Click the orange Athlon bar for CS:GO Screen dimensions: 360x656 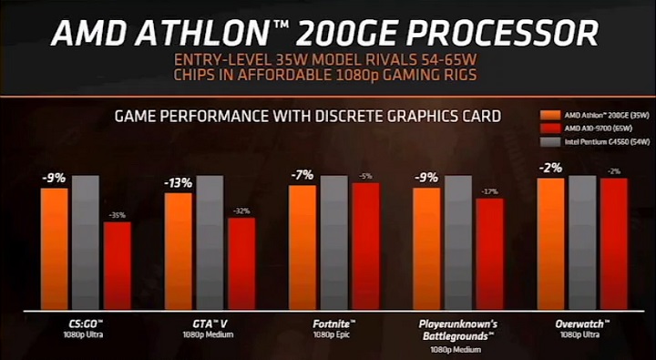click(x=54, y=246)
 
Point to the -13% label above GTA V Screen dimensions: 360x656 click(x=179, y=183)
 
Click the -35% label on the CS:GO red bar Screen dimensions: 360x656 click(x=116, y=215)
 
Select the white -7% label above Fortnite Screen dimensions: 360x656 click(x=302, y=175)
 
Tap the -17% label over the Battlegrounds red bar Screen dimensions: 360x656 click(x=489, y=191)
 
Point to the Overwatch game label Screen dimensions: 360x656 click(x=582, y=324)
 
